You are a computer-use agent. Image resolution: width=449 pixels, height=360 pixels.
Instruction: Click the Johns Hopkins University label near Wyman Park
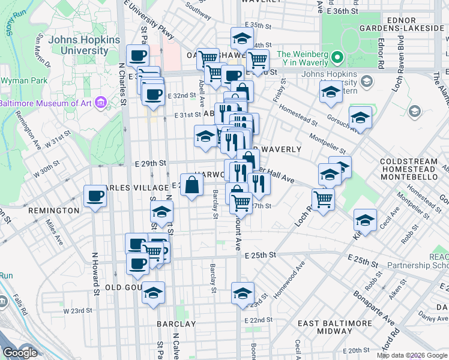[x=71, y=46]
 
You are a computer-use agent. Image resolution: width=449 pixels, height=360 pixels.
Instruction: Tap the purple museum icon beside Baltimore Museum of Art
[x=100, y=103]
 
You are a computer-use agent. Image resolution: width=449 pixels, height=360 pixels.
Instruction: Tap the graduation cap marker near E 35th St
[x=241, y=39]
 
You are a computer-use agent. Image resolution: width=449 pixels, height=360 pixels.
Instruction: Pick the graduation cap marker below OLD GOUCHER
[x=153, y=293]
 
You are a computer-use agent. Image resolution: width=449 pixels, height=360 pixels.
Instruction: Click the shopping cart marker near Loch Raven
[x=324, y=199]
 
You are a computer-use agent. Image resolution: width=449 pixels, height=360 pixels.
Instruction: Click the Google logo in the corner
[x=20, y=353]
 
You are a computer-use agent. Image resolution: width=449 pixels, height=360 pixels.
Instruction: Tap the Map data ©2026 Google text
[x=412, y=355]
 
